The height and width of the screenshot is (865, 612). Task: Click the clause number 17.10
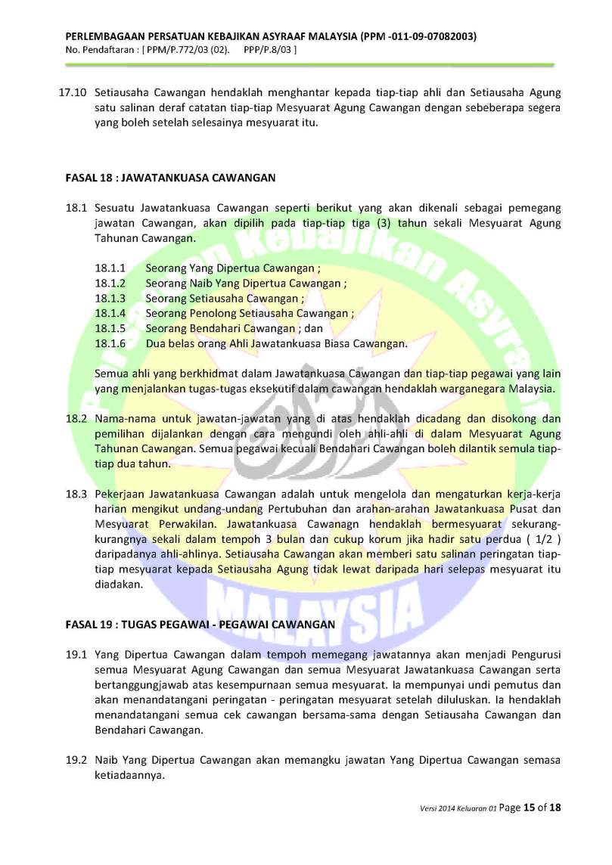pos(73,93)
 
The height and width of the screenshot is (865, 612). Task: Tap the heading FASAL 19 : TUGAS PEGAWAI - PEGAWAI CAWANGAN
pos(200,625)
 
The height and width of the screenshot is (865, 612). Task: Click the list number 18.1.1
pos(110,268)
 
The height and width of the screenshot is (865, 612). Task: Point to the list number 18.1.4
pos(110,313)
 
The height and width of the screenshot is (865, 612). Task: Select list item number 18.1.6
pos(110,343)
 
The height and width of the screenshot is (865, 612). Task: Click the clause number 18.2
pos(77,418)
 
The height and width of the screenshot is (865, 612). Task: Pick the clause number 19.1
pos(77,653)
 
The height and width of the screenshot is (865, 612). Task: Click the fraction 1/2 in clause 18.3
pos(542,538)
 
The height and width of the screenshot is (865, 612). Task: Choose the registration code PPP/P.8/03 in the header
pos(270,50)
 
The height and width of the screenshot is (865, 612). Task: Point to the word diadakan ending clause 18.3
pos(119,584)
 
